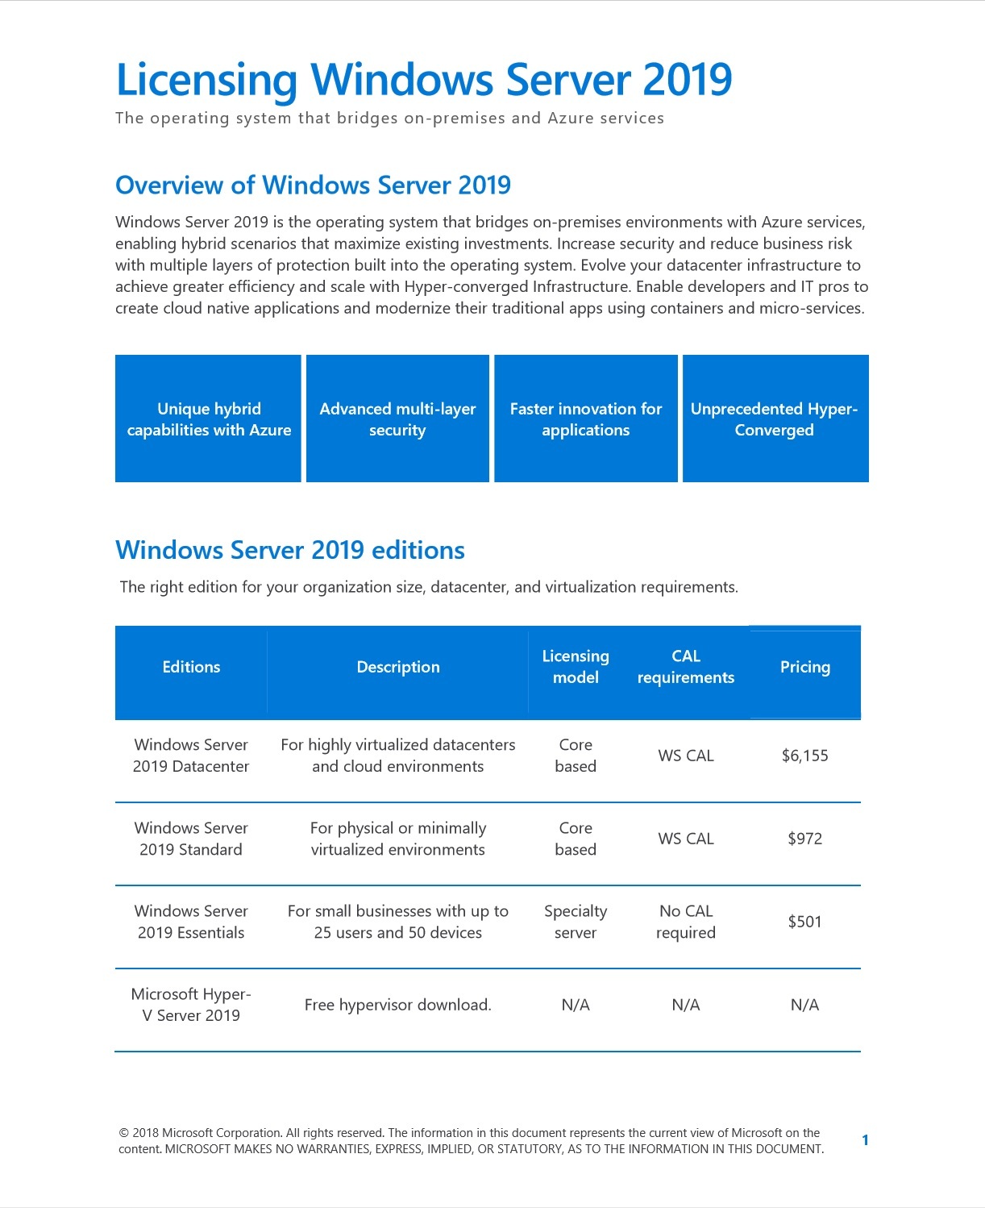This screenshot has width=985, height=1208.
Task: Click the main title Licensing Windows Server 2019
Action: click(x=424, y=80)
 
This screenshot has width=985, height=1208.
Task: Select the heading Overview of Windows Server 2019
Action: click(x=313, y=185)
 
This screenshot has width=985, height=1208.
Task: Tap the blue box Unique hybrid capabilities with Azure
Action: click(x=209, y=419)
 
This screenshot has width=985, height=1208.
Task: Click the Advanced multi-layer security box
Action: click(x=397, y=419)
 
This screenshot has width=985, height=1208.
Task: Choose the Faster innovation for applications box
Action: click(x=586, y=419)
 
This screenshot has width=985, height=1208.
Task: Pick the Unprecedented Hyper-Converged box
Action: click(x=775, y=419)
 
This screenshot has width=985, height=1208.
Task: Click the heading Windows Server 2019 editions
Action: click(x=290, y=550)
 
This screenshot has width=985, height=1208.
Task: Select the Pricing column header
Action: click(x=804, y=667)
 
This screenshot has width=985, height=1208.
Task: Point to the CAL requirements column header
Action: click(x=685, y=667)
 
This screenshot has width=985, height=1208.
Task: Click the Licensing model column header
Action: click(x=576, y=667)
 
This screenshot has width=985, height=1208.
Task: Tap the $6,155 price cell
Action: click(x=804, y=756)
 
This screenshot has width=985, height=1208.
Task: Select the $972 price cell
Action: click(x=804, y=839)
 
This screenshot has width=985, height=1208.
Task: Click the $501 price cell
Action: click(x=804, y=922)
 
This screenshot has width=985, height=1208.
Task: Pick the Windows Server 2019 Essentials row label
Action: click(x=191, y=922)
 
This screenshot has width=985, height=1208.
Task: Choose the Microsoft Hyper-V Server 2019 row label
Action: click(x=191, y=1005)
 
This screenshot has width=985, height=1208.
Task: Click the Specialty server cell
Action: click(x=576, y=922)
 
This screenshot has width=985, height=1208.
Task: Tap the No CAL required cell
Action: click(x=685, y=922)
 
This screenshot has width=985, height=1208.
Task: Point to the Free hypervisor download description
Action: click(x=397, y=1005)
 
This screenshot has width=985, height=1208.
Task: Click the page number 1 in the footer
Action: click(x=865, y=1140)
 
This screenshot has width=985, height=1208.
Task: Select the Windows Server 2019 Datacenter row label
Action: click(x=191, y=756)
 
